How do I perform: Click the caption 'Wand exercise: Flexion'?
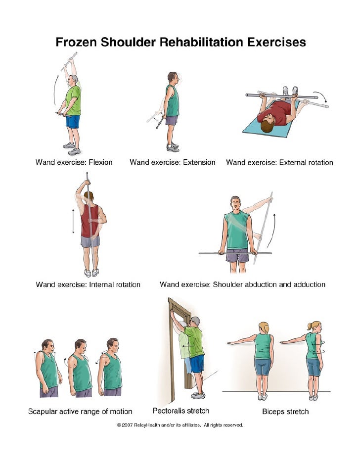click(74, 162)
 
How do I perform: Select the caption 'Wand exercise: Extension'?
click(172, 162)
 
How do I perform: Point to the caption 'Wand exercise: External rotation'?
click(279, 162)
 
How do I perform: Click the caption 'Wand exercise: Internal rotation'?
click(88, 284)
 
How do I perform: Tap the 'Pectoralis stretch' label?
click(180, 411)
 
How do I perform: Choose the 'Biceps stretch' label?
click(285, 411)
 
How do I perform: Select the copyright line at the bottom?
click(180, 424)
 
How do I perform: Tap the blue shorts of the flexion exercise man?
click(73, 121)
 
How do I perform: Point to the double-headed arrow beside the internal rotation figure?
click(73, 222)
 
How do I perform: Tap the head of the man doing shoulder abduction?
click(236, 203)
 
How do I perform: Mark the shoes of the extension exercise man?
click(173, 147)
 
